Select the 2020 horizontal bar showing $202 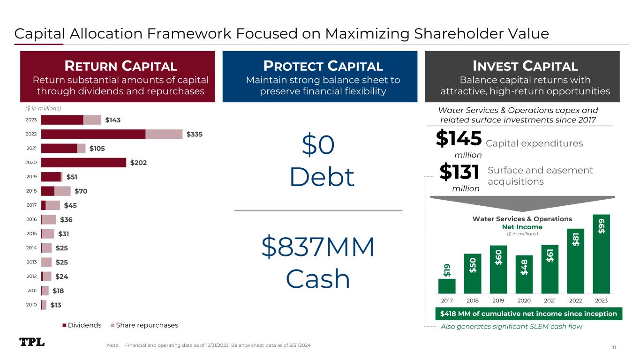pos(83,163)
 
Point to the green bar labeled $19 pos(447,285)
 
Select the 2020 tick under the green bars pos(524,300)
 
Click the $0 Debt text pos(322,162)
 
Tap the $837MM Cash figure pos(318,262)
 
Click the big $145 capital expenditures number pos(459,139)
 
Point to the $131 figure pos(459,172)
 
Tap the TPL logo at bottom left pos(32,342)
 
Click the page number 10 pos(613,347)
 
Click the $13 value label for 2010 pos(56,305)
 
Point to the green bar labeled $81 pos(575,261)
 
